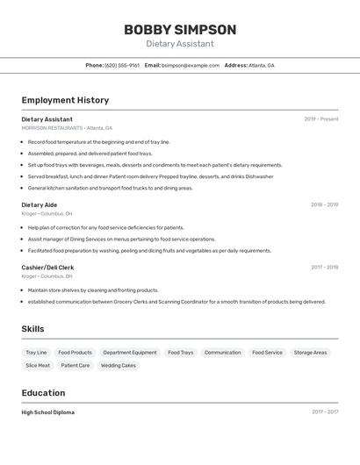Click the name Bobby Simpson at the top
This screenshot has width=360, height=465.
[x=180, y=29]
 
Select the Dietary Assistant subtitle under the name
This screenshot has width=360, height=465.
[x=180, y=44]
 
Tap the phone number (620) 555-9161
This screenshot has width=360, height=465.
[x=122, y=65]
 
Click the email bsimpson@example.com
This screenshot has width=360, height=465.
[x=191, y=65]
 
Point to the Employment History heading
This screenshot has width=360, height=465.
[x=65, y=100]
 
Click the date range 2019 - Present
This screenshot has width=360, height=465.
[x=321, y=119]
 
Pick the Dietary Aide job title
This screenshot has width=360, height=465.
[x=40, y=204]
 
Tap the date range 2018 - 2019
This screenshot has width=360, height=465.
[x=324, y=204]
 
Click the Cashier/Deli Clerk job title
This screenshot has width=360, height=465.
[x=47, y=268]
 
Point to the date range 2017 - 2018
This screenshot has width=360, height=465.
[x=324, y=268]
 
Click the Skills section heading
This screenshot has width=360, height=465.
[x=32, y=329]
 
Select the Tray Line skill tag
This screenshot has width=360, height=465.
[x=37, y=353]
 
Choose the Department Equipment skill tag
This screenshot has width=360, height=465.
[x=130, y=353]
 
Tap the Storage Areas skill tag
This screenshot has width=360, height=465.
[x=310, y=353]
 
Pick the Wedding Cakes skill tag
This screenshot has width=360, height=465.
[x=118, y=366]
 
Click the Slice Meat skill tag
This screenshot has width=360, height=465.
[x=38, y=366]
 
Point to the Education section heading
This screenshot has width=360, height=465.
[x=43, y=392]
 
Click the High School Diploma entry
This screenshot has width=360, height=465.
[x=48, y=412]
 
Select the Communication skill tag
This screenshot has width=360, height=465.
[x=222, y=353]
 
